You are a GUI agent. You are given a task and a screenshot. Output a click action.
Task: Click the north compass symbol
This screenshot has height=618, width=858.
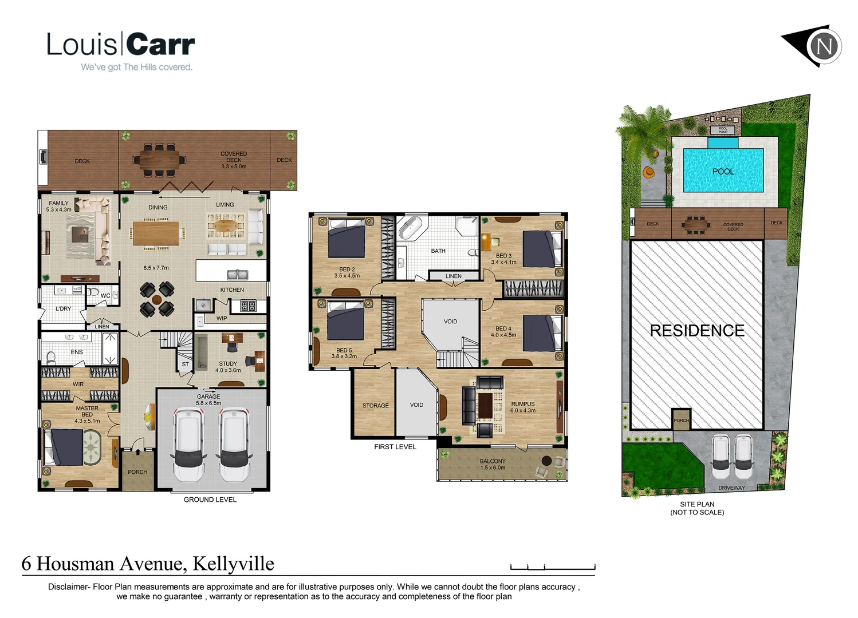pyautogui.click(x=824, y=46)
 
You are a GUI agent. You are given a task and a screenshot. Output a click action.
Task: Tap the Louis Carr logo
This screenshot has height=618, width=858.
pyautogui.click(x=121, y=50)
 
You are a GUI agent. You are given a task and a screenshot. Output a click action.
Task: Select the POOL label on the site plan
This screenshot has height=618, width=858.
pyautogui.click(x=723, y=171)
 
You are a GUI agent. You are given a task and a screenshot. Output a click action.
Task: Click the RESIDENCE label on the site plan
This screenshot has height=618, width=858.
pyautogui.click(x=697, y=330)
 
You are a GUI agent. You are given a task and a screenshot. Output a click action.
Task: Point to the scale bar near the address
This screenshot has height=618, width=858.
pyautogui.click(x=552, y=567)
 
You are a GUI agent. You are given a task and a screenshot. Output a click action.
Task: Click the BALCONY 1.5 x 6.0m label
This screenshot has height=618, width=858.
pyautogui.click(x=493, y=464)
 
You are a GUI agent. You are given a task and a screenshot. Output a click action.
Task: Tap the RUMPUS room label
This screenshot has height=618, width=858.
pyautogui.click(x=522, y=407)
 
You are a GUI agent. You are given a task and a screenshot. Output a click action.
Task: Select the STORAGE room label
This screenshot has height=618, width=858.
pyautogui.click(x=375, y=406)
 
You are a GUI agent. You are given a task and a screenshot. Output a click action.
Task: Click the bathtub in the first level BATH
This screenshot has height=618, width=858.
pyautogui.click(x=410, y=227)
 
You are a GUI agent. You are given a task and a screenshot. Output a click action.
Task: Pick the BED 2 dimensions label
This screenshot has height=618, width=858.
pyautogui.click(x=347, y=276)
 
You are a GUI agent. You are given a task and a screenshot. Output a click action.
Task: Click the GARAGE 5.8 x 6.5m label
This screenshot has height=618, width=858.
pyautogui.click(x=208, y=399)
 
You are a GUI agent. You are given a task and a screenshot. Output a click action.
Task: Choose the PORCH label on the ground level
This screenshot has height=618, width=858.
pyautogui.click(x=137, y=472)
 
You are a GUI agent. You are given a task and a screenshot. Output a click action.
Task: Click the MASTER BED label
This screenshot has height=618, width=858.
pyautogui.click(x=87, y=414)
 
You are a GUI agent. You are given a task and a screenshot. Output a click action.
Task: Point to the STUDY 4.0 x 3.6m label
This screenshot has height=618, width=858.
pyautogui.click(x=228, y=367)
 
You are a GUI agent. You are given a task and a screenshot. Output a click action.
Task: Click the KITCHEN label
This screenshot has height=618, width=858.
pyautogui.click(x=232, y=290)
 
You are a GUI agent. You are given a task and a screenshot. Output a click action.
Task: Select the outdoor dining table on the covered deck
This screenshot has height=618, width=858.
pyautogui.click(x=159, y=160)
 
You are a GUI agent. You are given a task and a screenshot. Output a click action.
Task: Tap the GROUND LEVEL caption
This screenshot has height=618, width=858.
pyautogui.click(x=210, y=500)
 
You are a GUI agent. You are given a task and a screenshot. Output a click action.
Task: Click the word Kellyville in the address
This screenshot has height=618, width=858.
pyautogui.click(x=233, y=564)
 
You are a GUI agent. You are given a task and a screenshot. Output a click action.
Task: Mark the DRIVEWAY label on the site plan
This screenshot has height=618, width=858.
pyautogui.click(x=731, y=488)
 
